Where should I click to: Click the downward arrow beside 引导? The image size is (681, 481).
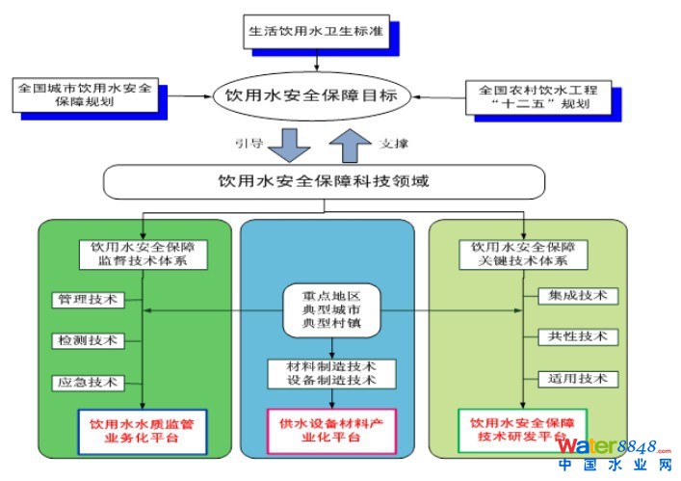(x=289, y=146)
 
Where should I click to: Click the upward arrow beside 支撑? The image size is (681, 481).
(x=350, y=145)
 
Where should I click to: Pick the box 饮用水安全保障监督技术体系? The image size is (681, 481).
(x=143, y=254)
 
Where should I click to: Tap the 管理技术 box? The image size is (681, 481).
(x=87, y=300)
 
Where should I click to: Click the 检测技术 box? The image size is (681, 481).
(x=87, y=340)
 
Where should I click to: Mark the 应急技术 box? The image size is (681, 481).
(x=87, y=382)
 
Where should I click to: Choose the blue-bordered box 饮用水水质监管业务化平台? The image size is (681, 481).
(x=143, y=430)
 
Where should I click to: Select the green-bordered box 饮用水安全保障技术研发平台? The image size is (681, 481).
(x=522, y=429)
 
